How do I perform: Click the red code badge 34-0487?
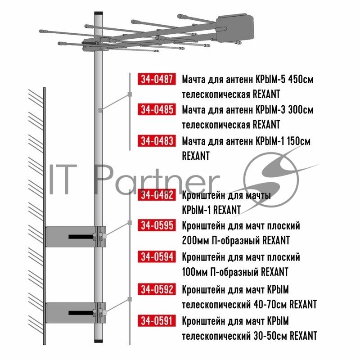pyautogui.click(x=157, y=79)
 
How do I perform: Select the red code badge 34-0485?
pyautogui.click(x=157, y=109)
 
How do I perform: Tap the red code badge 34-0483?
pyautogui.click(x=157, y=140)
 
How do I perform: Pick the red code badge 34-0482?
pyautogui.click(x=157, y=195)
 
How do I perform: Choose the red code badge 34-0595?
pyautogui.click(x=157, y=225)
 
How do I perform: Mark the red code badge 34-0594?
pyautogui.click(x=157, y=256)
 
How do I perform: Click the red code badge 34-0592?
pyautogui.click(x=157, y=289)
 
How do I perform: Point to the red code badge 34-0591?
pyautogui.click(x=157, y=320)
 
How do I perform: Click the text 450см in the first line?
pyautogui.click(x=301, y=80)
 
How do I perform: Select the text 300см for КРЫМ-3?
pyautogui.click(x=301, y=110)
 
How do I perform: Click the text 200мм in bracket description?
pyautogui.click(x=195, y=241)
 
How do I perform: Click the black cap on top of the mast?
pyautogui.click(x=99, y=13)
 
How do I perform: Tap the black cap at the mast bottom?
pyautogui.click(x=99, y=341)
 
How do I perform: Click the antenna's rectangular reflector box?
pyautogui.click(x=235, y=29)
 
